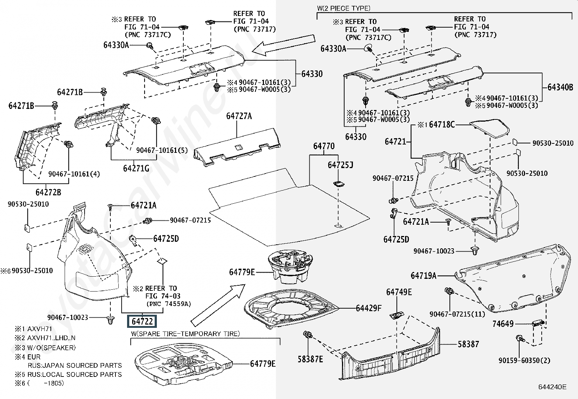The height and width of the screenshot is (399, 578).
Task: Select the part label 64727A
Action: coord(239,116)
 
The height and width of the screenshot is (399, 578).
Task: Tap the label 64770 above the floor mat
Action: coord(324,146)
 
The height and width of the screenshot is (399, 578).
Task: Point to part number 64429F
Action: coord(369,308)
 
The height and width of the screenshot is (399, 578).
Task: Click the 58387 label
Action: coord(468,344)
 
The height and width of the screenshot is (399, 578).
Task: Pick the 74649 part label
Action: coord(503,324)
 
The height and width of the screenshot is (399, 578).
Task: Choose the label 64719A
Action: coord(424,276)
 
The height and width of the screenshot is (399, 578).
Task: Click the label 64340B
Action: coord(560,87)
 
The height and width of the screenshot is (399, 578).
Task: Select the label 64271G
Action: coord(136,168)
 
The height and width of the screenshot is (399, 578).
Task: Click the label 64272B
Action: coord(48,192)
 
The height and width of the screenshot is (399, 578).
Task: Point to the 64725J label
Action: coord(340,165)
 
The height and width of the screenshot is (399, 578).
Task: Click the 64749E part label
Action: coord(399,292)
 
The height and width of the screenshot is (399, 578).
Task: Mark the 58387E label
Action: coord(310,359)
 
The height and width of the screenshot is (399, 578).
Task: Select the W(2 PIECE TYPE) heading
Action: coord(344,8)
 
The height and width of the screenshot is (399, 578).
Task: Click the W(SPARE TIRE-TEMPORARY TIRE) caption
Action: coord(186,334)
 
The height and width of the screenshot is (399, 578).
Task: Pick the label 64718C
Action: coord(441,125)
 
